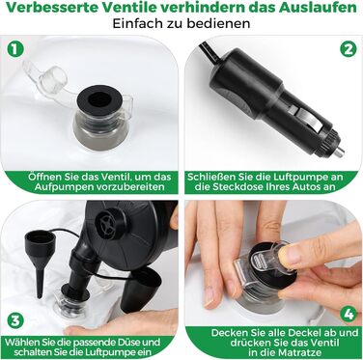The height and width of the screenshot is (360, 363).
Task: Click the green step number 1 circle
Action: point(15,49)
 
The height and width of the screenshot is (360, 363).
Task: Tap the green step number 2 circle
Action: point(349,49)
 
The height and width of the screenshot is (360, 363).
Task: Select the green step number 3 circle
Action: point(15,320)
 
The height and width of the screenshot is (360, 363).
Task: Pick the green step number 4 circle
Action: point(349,314)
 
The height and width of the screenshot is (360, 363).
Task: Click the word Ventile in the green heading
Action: point(135,8)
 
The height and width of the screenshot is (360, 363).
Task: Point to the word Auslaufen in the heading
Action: point(318,8)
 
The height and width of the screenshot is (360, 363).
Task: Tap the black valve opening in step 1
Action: point(99,100)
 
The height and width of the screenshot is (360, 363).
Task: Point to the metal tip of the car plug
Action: point(339,152)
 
